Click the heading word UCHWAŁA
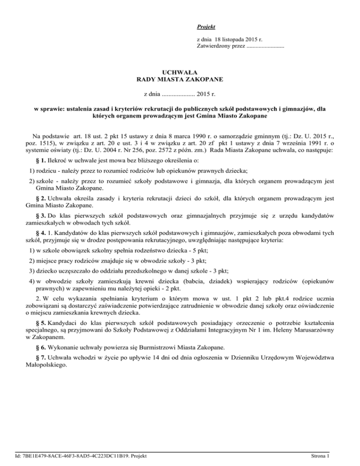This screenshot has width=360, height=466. tap(180, 73)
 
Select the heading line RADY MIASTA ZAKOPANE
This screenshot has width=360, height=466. tap(180, 80)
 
